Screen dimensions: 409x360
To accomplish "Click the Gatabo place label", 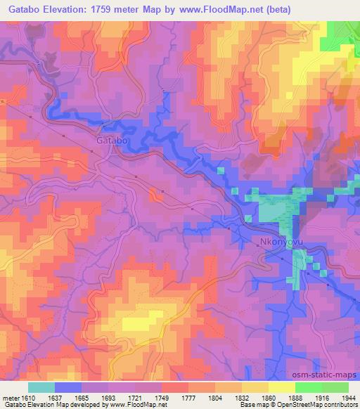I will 110,141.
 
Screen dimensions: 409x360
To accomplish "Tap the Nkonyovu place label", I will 282,243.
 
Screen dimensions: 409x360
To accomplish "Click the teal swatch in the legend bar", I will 41,387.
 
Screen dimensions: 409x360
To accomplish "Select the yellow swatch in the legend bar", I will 282,387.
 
